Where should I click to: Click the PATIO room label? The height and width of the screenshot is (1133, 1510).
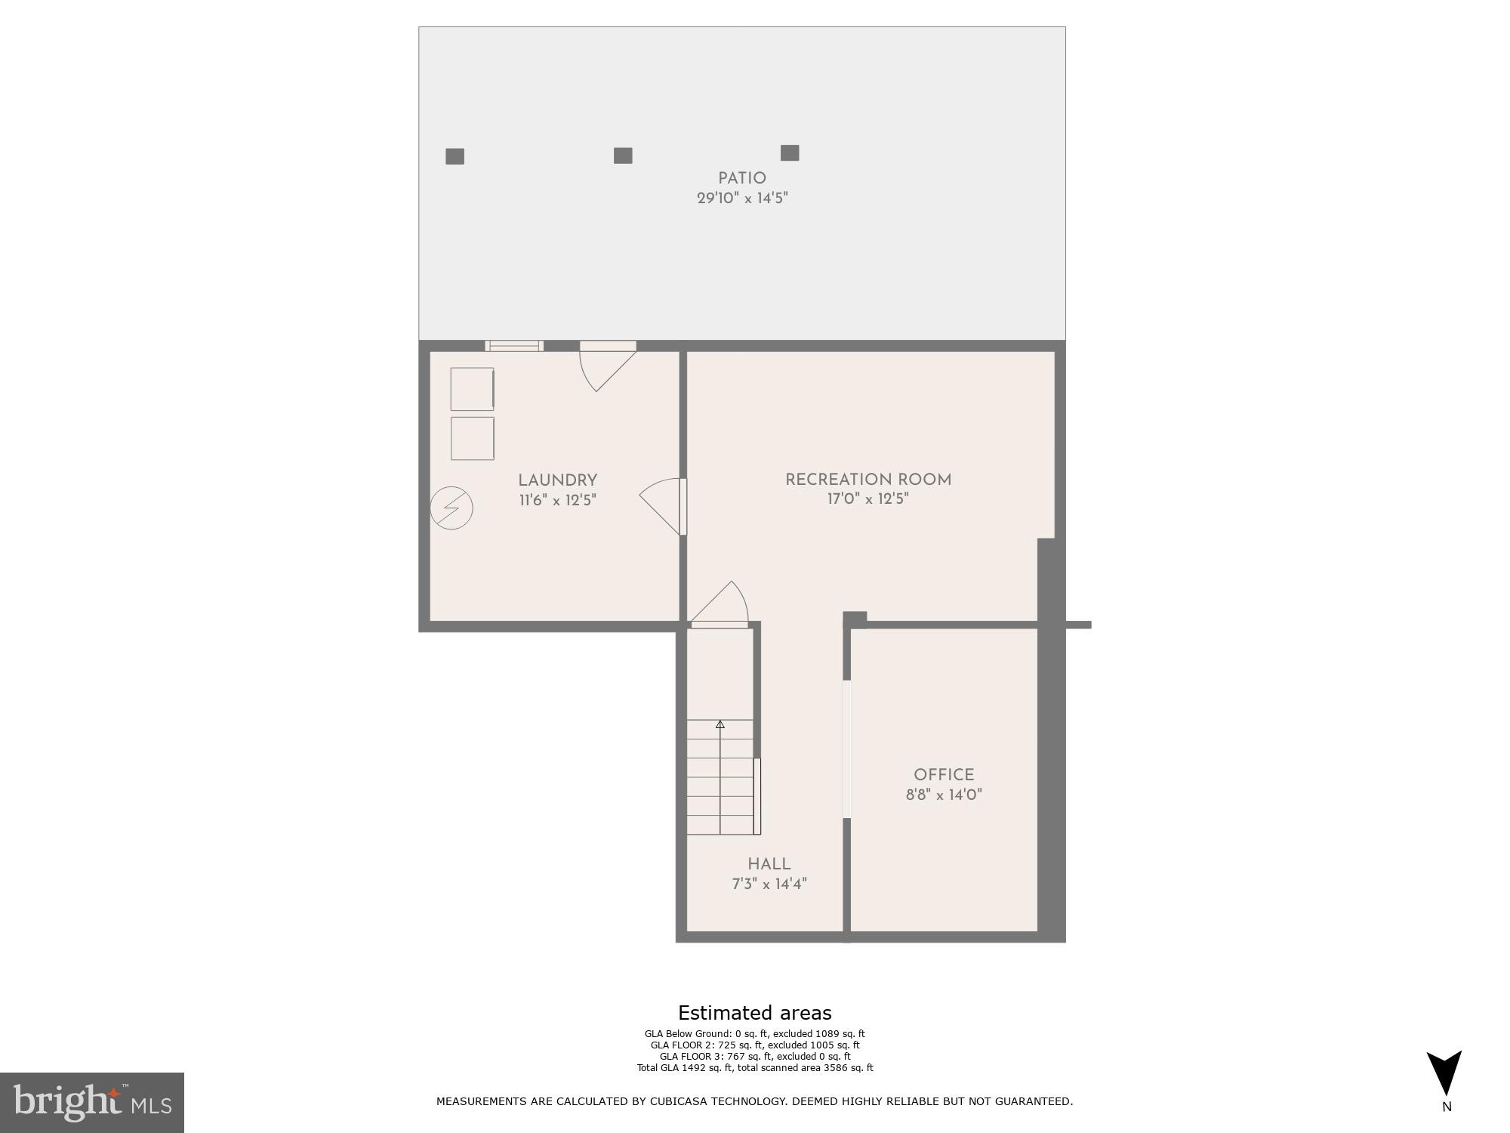[x=741, y=178]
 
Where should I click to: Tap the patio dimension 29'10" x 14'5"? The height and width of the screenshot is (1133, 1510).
[x=741, y=199]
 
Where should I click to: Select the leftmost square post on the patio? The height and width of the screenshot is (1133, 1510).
[x=455, y=156]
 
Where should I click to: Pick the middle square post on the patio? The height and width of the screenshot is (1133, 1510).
[x=623, y=156]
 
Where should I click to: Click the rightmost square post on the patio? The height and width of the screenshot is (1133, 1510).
[x=790, y=153]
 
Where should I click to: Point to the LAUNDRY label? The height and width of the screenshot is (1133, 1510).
[x=557, y=480]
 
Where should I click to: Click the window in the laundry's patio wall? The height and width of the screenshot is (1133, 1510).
[x=513, y=346]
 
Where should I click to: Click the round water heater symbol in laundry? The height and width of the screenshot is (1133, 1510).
[x=451, y=508]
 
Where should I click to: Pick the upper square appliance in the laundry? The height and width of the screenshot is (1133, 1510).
[x=472, y=389]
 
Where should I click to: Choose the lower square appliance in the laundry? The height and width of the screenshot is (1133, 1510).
[x=472, y=438]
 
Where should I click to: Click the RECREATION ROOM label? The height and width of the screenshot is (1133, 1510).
[x=868, y=480]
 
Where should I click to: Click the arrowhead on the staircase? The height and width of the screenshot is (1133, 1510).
[x=720, y=724]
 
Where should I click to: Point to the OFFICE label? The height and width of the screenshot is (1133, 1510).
[x=944, y=775]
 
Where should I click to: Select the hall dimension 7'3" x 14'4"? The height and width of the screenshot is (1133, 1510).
[x=769, y=884]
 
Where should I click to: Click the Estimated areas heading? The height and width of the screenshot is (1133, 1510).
[x=754, y=1013]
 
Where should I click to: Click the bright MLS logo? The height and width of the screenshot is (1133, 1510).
[x=92, y=1102]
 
